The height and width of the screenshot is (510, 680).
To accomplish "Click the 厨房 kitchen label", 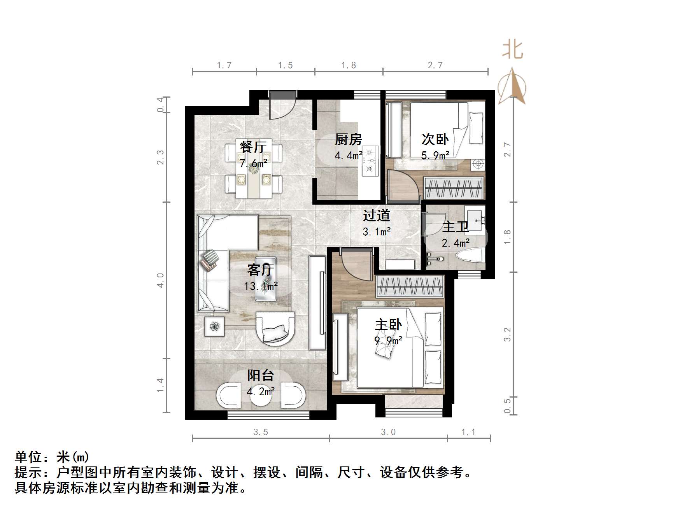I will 348,139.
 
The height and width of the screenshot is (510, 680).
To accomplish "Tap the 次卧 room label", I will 435,139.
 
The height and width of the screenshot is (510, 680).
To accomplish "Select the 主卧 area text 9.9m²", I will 388,341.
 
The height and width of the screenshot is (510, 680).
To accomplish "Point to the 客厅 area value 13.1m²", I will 261,286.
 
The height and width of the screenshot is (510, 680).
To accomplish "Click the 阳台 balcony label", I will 261,375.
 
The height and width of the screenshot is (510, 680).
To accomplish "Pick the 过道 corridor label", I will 376,216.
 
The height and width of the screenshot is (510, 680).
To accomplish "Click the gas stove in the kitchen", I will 370,160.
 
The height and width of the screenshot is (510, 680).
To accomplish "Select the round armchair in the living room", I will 275,329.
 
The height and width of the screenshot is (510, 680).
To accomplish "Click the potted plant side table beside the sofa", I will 214,326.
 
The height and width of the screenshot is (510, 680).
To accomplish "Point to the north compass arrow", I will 512,86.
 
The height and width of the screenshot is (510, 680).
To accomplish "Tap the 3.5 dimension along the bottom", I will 261,432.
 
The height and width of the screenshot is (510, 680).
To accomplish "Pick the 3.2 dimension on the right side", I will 507,335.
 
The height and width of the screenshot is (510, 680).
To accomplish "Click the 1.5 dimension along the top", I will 285,65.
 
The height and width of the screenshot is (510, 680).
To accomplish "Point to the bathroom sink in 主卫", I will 475,216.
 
